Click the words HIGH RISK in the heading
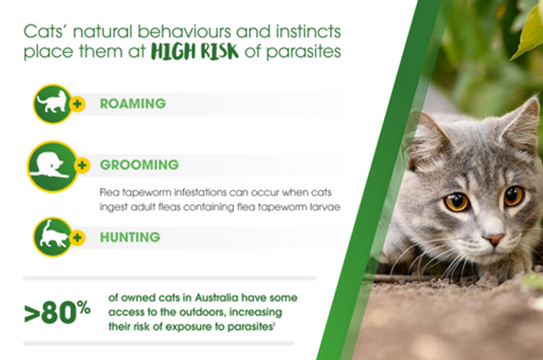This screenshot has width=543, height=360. click(195, 52)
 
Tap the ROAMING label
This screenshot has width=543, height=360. click(133, 103)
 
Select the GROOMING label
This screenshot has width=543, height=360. click(140, 165)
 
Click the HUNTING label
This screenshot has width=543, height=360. click(130, 237)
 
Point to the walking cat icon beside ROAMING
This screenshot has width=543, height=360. click(53, 104)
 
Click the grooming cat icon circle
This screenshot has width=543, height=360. click(53, 167)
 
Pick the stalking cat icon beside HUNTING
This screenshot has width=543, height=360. click(53, 237)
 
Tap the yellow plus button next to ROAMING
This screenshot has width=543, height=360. click(78, 103)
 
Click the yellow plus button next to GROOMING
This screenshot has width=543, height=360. click(83, 165)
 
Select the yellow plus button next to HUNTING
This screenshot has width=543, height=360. click(78, 237)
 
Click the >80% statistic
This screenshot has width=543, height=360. click(58, 312)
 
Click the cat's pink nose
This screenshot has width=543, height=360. click(494, 239)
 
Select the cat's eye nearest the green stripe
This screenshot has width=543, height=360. click(457, 201)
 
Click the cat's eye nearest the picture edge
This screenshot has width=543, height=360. click(514, 195)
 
